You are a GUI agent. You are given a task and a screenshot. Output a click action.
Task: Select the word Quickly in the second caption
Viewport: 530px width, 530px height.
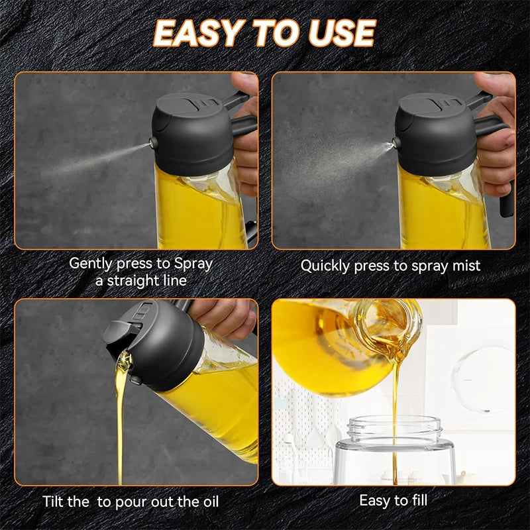click(325, 266)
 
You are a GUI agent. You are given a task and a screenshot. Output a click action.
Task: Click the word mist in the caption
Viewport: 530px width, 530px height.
click(465, 266)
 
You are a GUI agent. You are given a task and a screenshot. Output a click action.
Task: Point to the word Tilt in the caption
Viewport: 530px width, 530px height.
click(56, 502)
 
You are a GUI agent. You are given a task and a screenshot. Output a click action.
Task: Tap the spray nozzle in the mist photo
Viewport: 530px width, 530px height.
click(396, 142)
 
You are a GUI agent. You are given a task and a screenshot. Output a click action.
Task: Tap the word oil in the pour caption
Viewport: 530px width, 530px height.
click(205, 502)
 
